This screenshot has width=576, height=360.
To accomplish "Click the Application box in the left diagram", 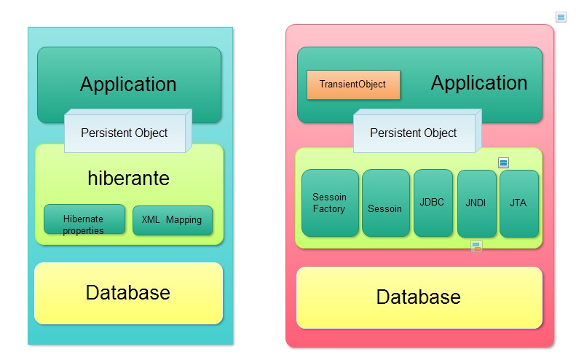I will pos(129,84).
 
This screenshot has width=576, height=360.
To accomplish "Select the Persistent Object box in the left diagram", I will pos(125,133).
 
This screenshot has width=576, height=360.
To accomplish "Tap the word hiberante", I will pos(129,179).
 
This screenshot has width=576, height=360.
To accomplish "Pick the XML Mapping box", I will pos(173,220).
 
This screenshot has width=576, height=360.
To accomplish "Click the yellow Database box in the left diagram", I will pos(128,293).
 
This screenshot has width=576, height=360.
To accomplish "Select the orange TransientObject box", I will pos(352,85).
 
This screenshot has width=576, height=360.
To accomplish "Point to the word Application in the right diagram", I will pos(479,82).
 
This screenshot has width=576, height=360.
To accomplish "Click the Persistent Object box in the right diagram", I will pos(414,133).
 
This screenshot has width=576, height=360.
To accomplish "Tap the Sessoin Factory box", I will pos(330,203).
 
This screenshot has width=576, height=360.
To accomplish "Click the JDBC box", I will pos(433,203).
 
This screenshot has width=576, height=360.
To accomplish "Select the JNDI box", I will pos(476,203).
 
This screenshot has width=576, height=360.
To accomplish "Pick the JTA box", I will pos(518,203).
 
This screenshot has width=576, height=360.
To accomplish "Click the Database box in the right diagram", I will pos(419,297).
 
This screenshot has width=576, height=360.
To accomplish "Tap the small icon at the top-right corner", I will pos(561,16).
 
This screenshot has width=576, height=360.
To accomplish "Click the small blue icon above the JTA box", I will pos(503,163).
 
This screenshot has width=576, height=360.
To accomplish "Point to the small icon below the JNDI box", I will pos(476,246).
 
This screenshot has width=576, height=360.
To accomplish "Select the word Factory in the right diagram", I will pos(329,209).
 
